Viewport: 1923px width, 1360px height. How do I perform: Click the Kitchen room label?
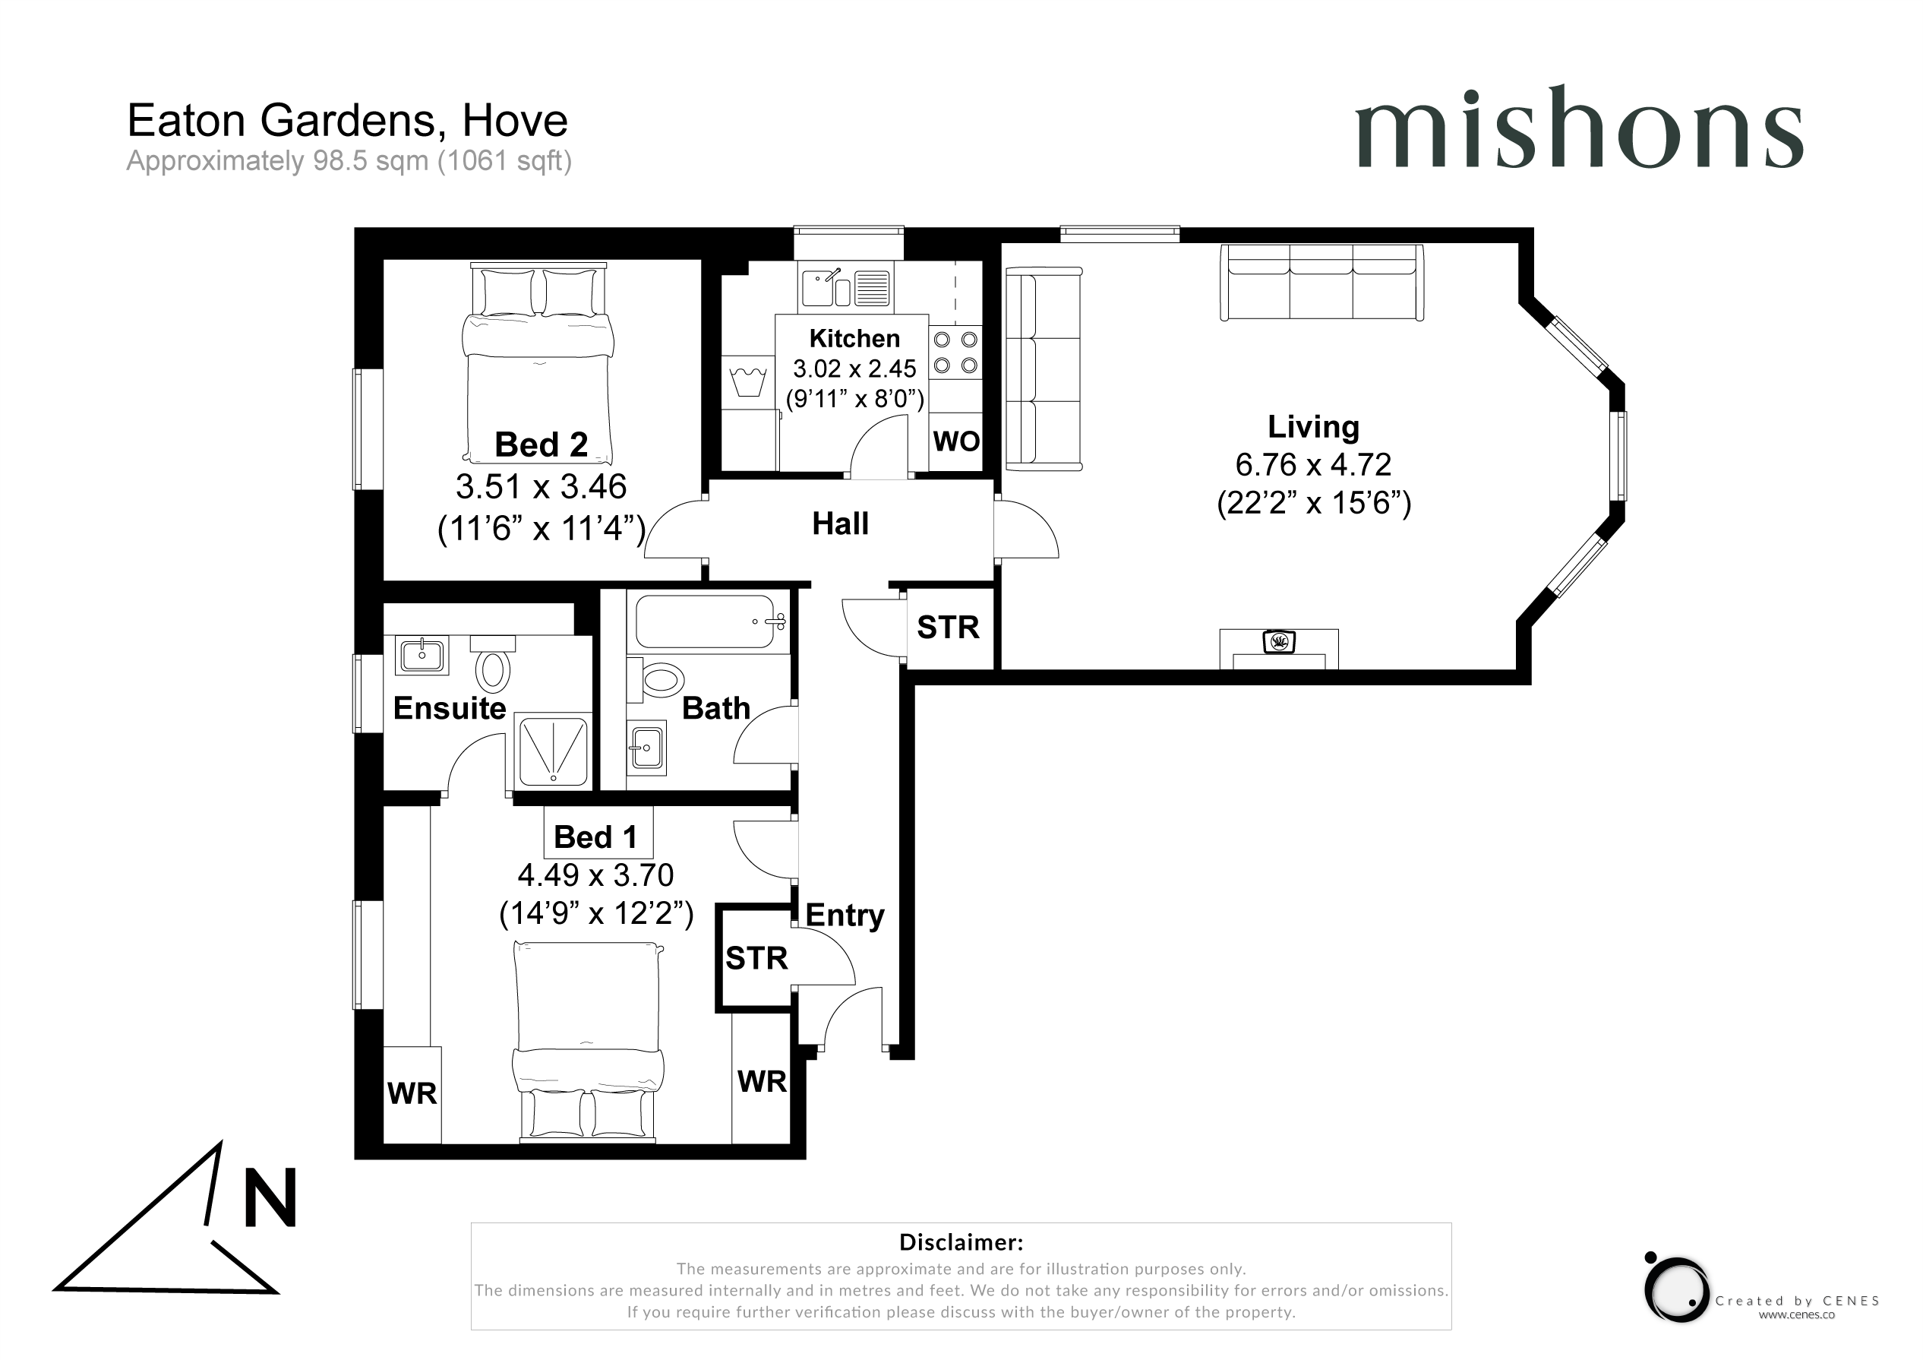tap(854, 339)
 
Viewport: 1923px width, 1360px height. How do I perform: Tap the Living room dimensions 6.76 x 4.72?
tap(1313, 464)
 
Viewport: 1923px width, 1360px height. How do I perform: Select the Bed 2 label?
tap(541, 444)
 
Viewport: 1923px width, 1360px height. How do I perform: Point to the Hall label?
tap(840, 523)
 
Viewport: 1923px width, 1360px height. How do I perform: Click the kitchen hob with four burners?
tap(955, 352)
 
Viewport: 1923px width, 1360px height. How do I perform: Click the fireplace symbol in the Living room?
tap(1279, 643)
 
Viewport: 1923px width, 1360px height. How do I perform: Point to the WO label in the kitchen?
tap(956, 441)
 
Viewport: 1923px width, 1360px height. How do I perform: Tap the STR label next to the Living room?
tap(948, 628)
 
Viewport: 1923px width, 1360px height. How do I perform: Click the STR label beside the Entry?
tap(756, 959)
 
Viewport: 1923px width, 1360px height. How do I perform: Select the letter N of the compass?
tap(270, 1197)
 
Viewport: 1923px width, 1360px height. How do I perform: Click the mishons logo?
tap(1579, 128)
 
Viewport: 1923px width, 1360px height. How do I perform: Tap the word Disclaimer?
tap(961, 1241)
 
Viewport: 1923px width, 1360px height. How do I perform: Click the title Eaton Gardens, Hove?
tap(348, 121)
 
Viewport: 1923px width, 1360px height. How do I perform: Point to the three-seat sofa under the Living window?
tap(1321, 283)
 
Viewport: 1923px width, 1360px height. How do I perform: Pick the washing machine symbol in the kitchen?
tap(749, 381)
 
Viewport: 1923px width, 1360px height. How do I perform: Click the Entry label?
tap(845, 916)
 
